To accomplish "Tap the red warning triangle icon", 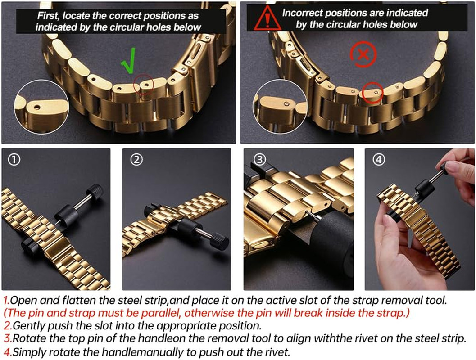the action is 267,18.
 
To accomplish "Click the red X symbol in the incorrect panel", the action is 363,54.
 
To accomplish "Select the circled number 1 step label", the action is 14,160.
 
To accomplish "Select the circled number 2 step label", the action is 136,160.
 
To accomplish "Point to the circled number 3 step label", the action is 259,160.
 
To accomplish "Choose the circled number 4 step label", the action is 379,160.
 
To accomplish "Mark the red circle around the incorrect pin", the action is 373,93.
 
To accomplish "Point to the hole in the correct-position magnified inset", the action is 37,107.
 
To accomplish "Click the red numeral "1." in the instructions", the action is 6,300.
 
